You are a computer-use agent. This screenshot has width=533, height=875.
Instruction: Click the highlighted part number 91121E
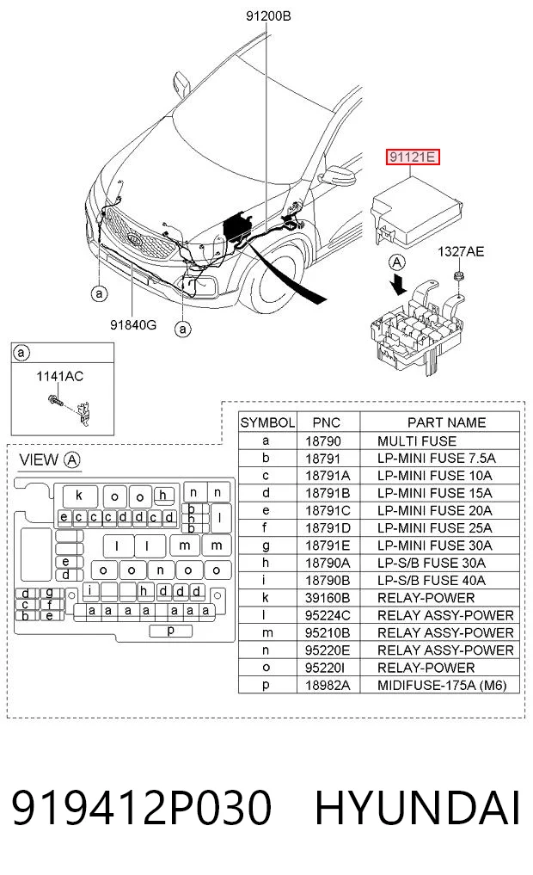(414, 157)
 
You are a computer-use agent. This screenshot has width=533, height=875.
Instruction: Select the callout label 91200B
(268, 16)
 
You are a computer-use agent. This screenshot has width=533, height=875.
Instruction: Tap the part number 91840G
(132, 324)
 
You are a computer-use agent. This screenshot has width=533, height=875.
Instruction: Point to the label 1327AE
(461, 252)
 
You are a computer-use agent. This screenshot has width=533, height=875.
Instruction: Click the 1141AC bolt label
(59, 376)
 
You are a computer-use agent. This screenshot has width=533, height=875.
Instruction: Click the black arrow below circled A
(399, 282)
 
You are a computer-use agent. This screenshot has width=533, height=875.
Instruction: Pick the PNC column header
(326, 422)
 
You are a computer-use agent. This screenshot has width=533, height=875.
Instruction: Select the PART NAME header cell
(446, 422)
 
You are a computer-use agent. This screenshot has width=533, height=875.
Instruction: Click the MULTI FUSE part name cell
(416, 441)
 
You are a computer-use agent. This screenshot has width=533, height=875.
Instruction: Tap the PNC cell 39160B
(328, 598)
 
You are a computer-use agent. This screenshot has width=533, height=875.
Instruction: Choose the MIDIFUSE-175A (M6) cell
(442, 685)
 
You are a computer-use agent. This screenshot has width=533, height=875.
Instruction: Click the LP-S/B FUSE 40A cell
(431, 581)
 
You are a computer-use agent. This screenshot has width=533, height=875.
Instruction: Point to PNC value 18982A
(328, 685)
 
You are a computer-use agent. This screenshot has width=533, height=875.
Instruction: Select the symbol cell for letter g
(266, 545)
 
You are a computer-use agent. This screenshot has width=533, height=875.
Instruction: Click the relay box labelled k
(80, 496)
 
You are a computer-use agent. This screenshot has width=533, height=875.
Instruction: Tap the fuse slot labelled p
(170, 631)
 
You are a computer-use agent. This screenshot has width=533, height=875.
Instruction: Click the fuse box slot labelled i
(89, 590)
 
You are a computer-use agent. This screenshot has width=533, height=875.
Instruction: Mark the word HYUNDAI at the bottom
(417, 807)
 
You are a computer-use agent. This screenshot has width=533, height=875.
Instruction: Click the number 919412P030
(142, 807)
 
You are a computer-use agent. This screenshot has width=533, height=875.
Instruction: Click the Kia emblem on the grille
(134, 239)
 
